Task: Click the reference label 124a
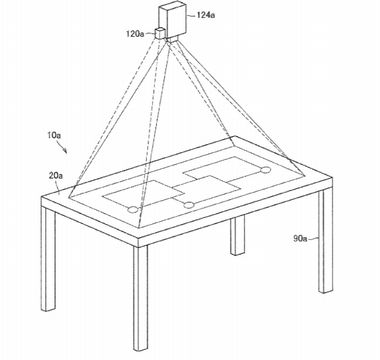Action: pyautogui.click(x=206, y=15)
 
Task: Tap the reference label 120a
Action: pyautogui.click(x=135, y=34)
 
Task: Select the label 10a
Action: pyautogui.click(x=54, y=135)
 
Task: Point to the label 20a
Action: pyautogui.click(x=56, y=175)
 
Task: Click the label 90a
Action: pyautogui.click(x=300, y=239)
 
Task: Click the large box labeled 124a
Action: pyautogui.click(x=173, y=19)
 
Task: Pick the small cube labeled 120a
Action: pyautogui.click(x=160, y=33)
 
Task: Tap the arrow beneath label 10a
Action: pyautogui.click(x=61, y=147)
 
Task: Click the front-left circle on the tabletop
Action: pyautogui.click(x=133, y=209)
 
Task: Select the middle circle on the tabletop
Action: pyautogui.click(x=189, y=205)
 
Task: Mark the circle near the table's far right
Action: pyautogui.click(x=265, y=170)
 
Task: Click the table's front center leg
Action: pyautogui.click(x=141, y=298)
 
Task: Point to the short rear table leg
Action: pyautogui.click(x=237, y=235)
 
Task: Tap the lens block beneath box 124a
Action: pyautogui.click(x=172, y=39)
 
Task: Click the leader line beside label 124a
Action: pyautogui.click(x=191, y=15)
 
